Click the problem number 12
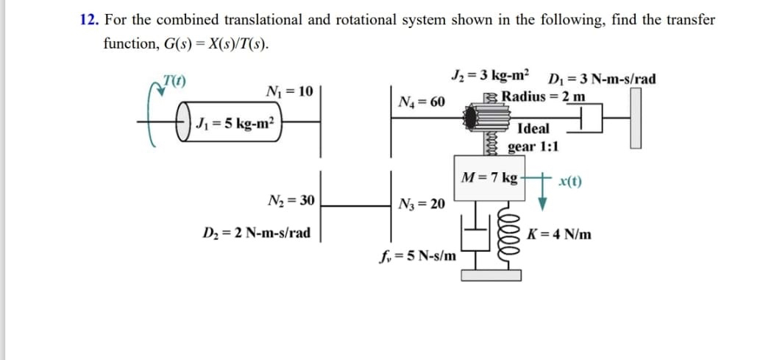pos(89,20)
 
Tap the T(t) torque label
pos(174,80)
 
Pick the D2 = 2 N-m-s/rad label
pos(256,233)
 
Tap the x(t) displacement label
pos(571,181)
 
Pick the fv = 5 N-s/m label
pos(416,256)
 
